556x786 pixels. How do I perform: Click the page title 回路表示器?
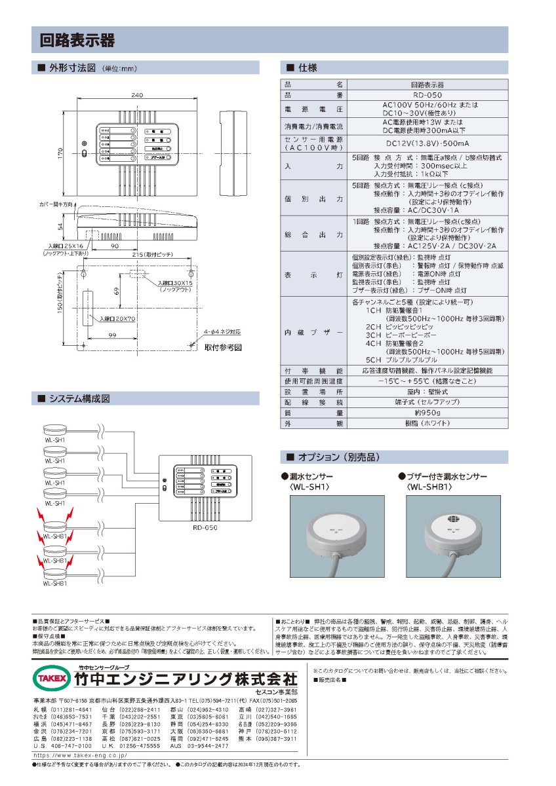[77, 40]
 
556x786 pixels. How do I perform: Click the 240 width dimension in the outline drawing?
[137, 95]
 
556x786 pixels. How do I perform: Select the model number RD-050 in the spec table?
[427, 95]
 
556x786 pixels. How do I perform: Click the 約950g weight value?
[427, 413]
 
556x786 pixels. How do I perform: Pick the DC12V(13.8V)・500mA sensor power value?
[427, 143]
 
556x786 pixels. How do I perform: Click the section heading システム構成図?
[79, 398]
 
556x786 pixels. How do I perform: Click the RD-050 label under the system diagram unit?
[205, 526]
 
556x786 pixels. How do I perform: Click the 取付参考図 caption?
[223, 347]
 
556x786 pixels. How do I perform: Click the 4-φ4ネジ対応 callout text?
[222, 331]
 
